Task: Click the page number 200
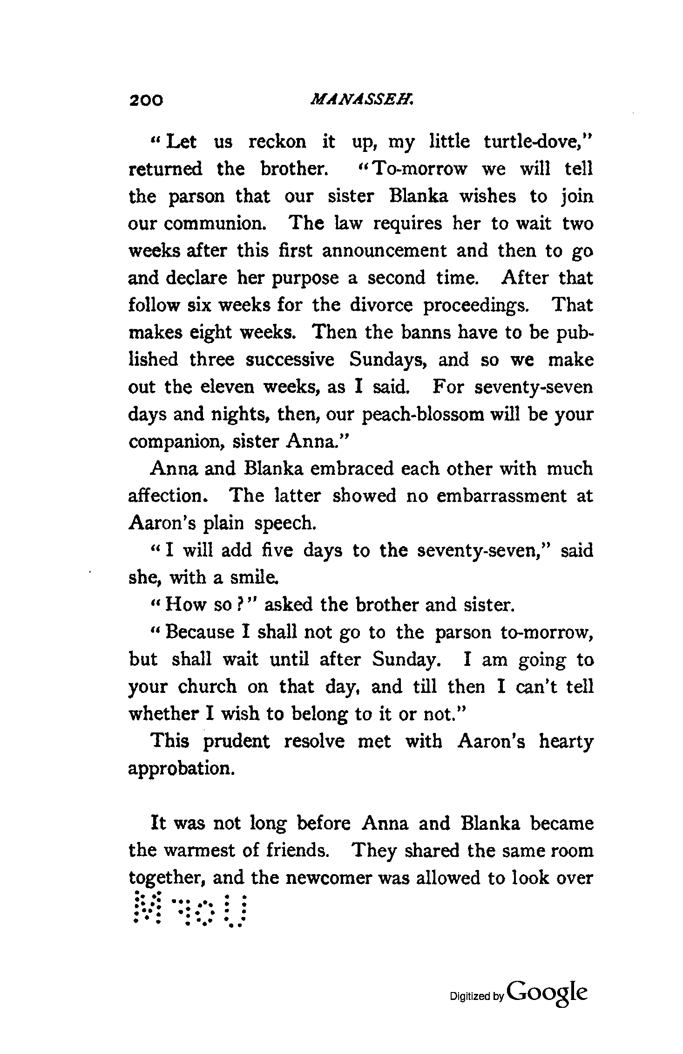point(146,100)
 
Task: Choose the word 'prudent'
point(237,741)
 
